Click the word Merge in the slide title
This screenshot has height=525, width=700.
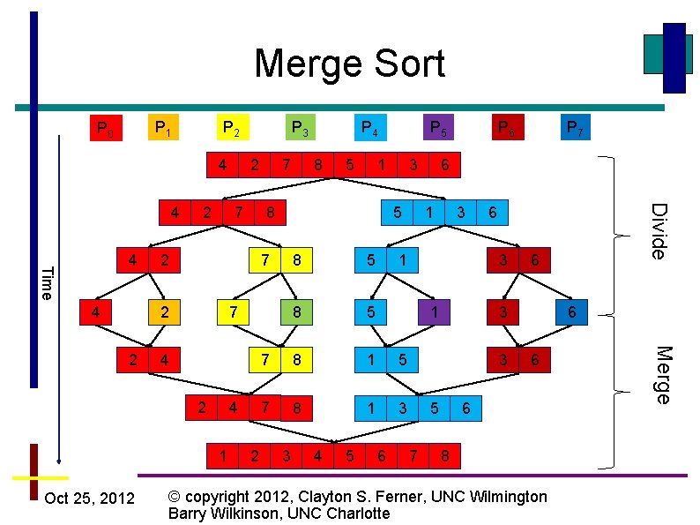click(302, 64)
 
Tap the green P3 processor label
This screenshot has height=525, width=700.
click(300, 129)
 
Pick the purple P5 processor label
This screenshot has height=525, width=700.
click(437, 129)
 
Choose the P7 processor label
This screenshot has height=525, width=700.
click(573, 129)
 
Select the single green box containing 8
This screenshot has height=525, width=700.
click(297, 311)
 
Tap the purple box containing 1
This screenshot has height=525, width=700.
click(435, 311)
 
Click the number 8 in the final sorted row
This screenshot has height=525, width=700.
click(445, 456)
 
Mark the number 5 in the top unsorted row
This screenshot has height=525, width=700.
click(350, 164)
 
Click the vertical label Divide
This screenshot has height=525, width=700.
click(659, 230)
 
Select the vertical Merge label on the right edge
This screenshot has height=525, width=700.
click(659, 374)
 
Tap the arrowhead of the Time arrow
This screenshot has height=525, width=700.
click(58, 458)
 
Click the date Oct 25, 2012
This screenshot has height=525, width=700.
click(89, 499)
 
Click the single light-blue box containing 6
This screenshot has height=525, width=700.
click(572, 311)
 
